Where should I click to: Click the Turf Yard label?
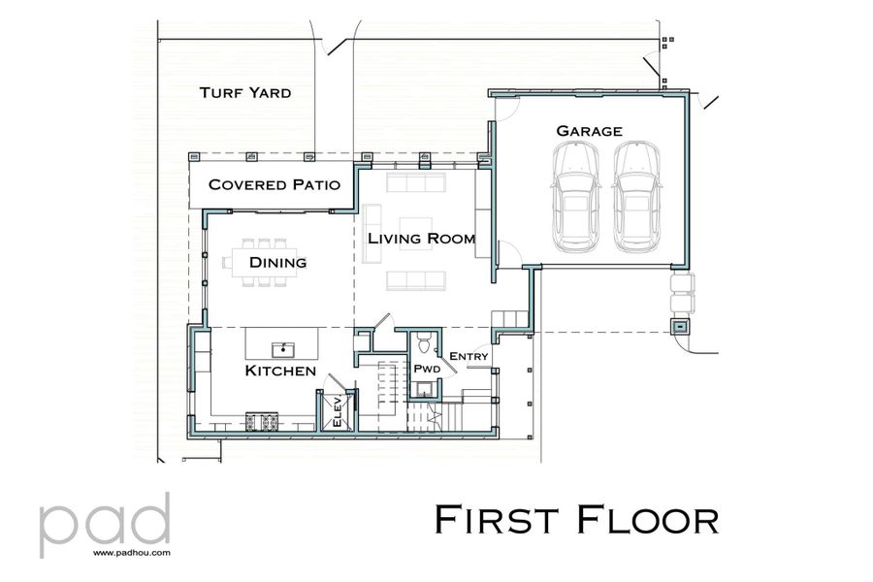(x=245, y=93)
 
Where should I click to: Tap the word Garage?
(x=589, y=131)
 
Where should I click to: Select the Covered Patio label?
(x=275, y=184)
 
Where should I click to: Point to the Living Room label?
(x=421, y=239)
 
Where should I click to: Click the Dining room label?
(x=277, y=262)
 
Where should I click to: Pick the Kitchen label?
(x=279, y=372)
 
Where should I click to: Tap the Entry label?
(x=469, y=357)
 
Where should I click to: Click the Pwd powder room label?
(x=427, y=371)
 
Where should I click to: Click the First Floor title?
(x=577, y=519)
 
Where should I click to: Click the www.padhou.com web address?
(x=132, y=553)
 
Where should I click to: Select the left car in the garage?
(x=574, y=194)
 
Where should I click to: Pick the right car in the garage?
(x=637, y=194)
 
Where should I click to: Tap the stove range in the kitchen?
(x=264, y=421)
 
